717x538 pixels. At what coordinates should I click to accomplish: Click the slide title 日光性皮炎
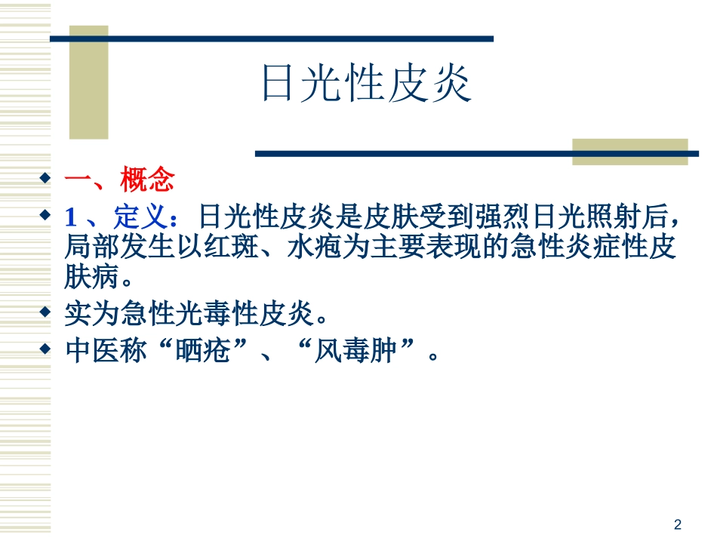365,83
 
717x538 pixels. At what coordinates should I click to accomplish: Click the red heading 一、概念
119,181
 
